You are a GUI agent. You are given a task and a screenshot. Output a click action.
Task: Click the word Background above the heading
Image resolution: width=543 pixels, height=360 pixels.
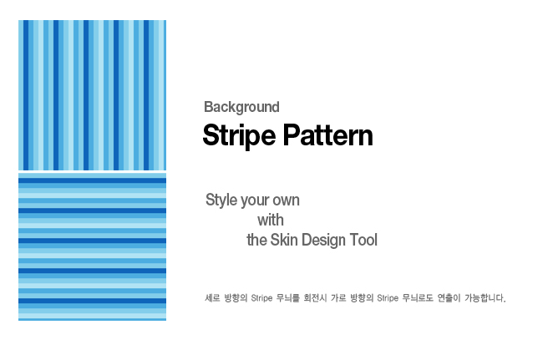(x=241, y=107)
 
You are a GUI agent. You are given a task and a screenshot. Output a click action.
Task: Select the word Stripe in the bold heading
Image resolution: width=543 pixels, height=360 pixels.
(x=239, y=135)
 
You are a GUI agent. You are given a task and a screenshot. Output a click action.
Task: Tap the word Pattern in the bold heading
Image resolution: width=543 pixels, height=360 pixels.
(x=327, y=135)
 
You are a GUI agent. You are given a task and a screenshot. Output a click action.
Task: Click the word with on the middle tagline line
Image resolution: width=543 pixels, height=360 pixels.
(x=271, y=221)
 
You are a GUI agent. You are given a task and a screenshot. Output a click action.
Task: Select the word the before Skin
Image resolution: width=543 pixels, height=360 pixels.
(x=256, y=240)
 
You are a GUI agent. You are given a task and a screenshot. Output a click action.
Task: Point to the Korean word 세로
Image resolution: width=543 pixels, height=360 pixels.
(x=212, y=297)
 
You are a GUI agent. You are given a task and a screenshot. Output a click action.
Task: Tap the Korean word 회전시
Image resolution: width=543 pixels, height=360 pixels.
(x=315, y=297)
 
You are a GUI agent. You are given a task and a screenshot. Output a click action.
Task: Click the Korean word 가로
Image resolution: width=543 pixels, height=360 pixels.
(x=338, y=297)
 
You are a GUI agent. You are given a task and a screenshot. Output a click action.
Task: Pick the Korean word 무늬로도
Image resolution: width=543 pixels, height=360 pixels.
(x=418, y=297)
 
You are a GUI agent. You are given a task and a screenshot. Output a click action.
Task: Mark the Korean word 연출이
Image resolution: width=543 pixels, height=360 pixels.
(x=449, y=297)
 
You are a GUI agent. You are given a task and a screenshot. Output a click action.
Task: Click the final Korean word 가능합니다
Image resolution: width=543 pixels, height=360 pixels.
(x=485, y=297)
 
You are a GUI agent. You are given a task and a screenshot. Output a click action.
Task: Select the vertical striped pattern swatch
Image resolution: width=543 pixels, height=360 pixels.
(x=92, y=95)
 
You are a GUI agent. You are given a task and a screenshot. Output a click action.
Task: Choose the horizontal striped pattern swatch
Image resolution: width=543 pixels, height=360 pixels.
(x=92, y=246)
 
